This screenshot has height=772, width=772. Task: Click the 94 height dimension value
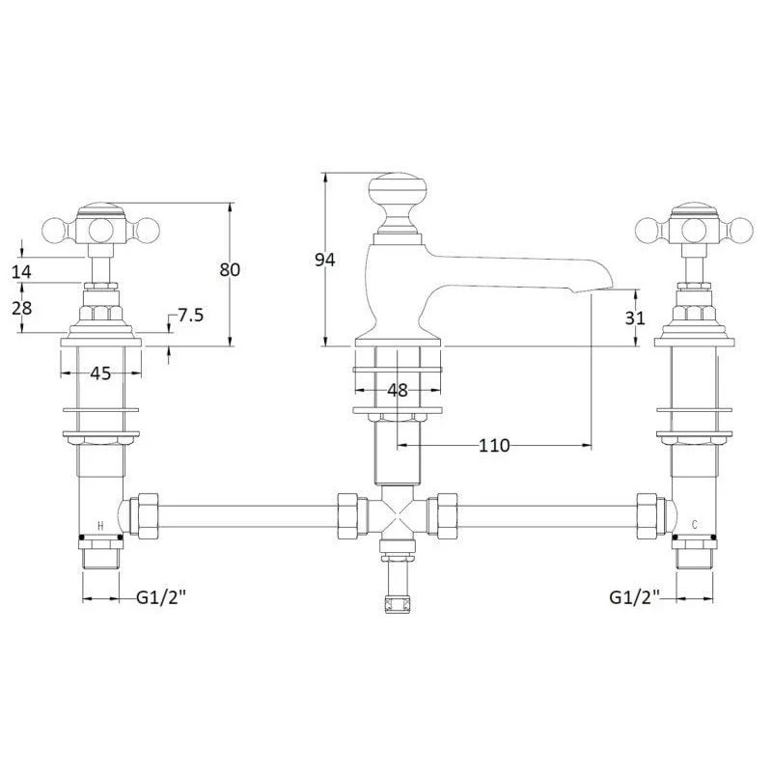click(325, 260)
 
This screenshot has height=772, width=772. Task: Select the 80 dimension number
click(230, 270)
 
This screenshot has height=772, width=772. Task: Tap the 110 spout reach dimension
click(494, 446)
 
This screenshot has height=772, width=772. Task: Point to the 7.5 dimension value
click(190, 316)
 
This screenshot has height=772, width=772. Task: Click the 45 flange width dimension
click(100, 373)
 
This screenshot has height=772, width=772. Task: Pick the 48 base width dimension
click(398, 391)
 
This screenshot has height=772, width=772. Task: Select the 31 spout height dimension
click(635, 318)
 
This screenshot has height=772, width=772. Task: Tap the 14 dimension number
click(21, 271)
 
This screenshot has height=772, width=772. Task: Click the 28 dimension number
click(21, 308)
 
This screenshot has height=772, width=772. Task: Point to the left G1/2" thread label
click(161, 597)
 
